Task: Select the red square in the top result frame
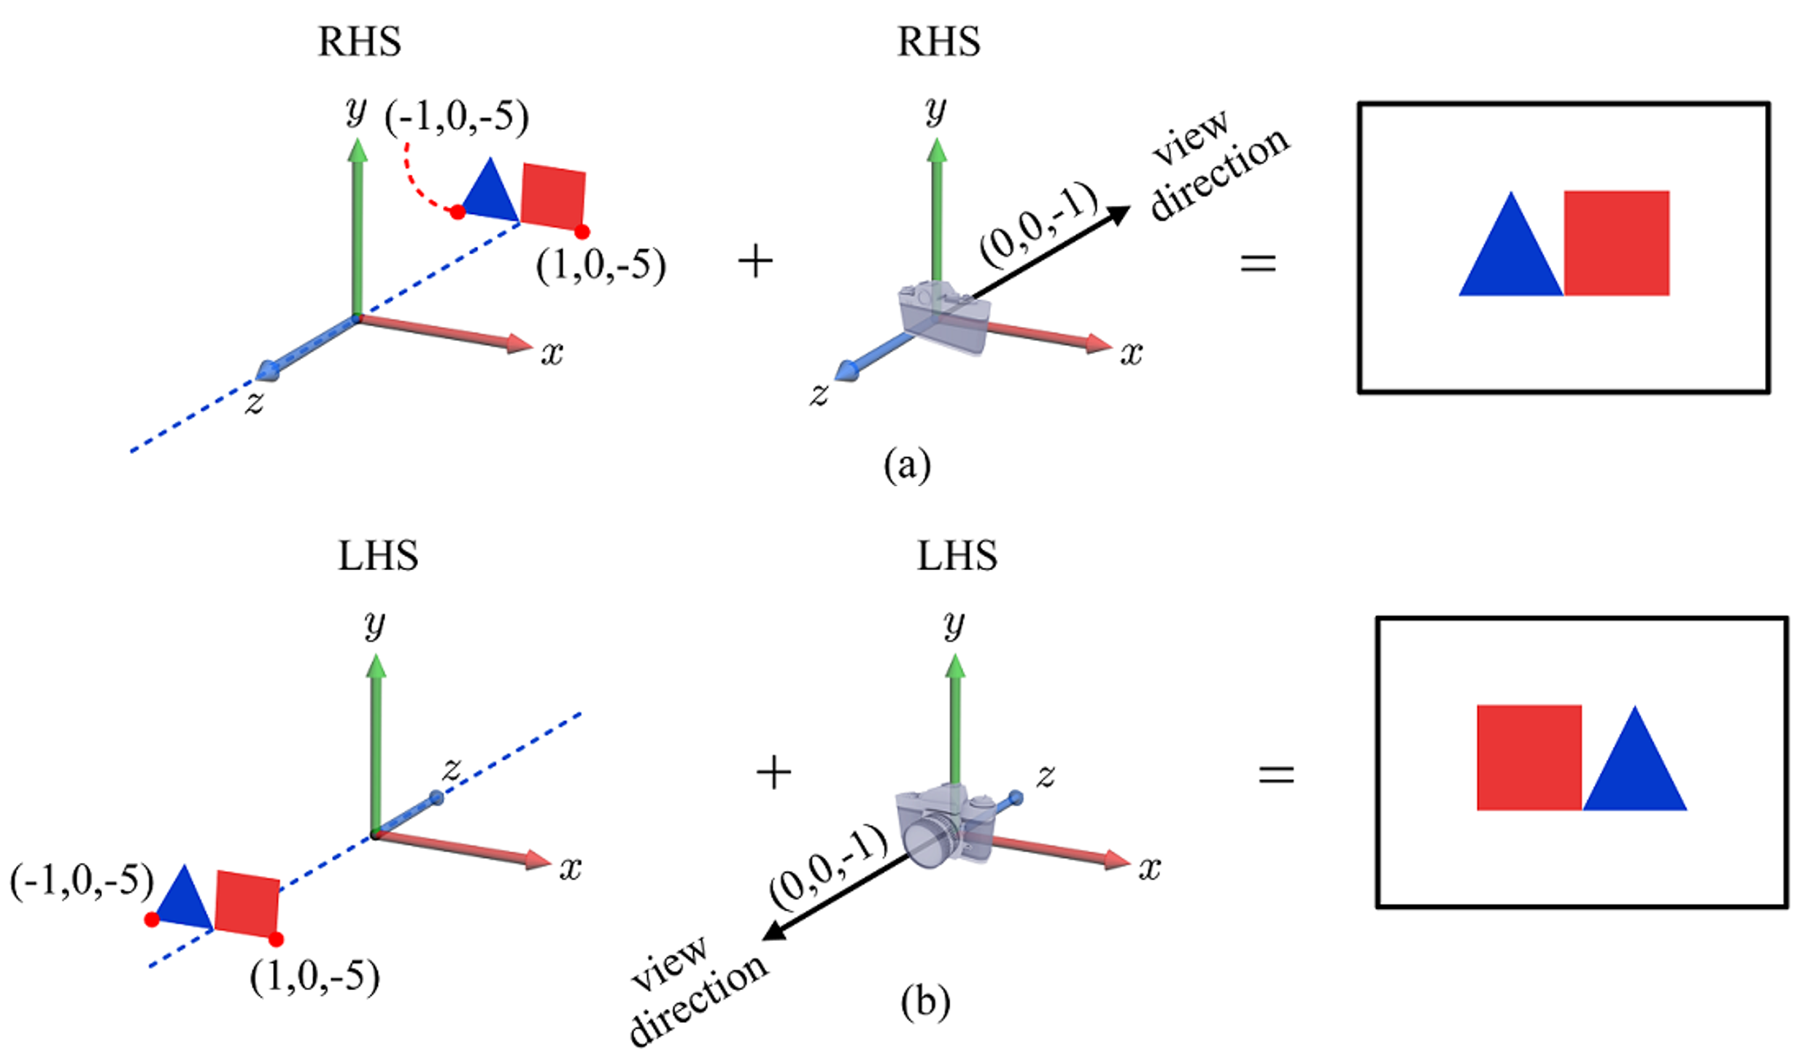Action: pyautogui.click(x=1616, y=243)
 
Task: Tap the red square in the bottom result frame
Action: pyautogui.click(x=1529, y=757)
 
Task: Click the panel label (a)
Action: pyautogui.click(x=907, y=464)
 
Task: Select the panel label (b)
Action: pyautogui.click(x=925, y=1002)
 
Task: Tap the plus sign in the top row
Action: pyautogui.click(x=755, y=261)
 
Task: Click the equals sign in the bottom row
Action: pyautogui.click(x=1276, y=774)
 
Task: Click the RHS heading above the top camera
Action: pyautogui.click(x=938, y=42)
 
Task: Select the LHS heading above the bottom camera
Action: pyautogui.click(x=957, y=556)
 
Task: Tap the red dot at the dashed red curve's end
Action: pyautogui.click(x=457, y=212)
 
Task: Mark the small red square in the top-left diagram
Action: pyautogui.click(x=553, y=197)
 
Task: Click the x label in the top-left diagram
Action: pyautogui.click(x=552, y=354)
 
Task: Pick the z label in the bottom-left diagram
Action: pyautogui.click(x=452, y=769)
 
